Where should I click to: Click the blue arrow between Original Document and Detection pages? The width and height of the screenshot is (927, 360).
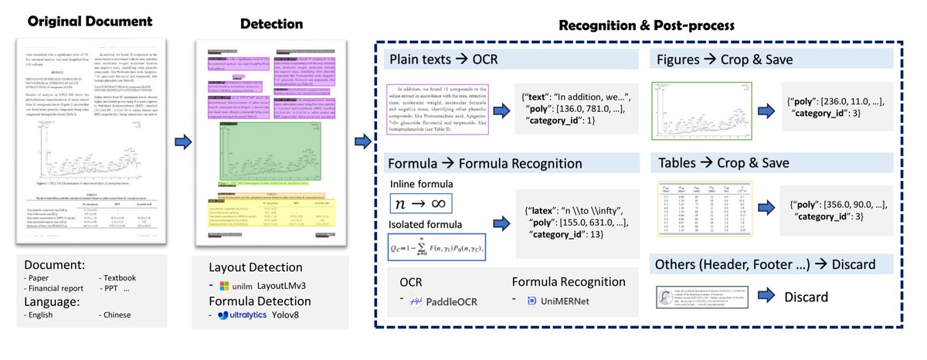point(183,121)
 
